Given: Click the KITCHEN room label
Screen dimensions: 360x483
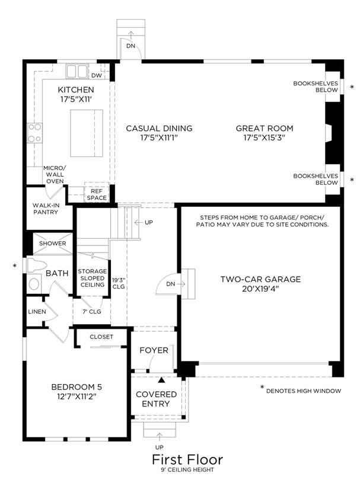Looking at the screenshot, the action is [x=76, y=89].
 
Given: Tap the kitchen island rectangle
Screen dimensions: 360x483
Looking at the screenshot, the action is [x=87, y=133].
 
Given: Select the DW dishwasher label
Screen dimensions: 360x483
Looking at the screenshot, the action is [x=97, y=75].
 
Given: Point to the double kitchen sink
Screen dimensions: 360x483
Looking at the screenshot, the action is [x=77, y=72].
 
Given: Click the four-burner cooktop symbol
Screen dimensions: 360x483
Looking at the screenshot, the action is [x=35, y=133].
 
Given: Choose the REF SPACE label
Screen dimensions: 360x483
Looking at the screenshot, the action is [x=97, y=194].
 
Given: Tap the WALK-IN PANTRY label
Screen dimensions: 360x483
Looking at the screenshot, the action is [x=46, y=209].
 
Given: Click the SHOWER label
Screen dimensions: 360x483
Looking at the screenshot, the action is [x=52, y=244].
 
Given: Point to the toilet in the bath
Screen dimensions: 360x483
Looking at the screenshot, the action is [x=36, y=266].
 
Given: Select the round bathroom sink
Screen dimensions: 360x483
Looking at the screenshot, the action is [x=34, y=283].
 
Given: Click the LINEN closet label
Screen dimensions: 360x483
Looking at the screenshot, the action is [x=37, y=312].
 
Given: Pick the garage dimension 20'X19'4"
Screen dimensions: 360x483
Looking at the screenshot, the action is [x=260, y=289].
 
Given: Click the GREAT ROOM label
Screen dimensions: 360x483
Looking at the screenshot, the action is [x=265, y=128].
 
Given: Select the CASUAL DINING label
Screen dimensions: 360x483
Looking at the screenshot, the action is [x=159, y=128].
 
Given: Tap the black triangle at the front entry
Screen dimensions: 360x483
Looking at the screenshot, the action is [x=161, y=380].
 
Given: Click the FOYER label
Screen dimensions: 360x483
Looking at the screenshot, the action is [x=154, y=350].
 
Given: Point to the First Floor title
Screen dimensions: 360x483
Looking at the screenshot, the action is [x=187, y=459].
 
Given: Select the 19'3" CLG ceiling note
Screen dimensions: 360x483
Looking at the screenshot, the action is [x=119, y=283].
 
